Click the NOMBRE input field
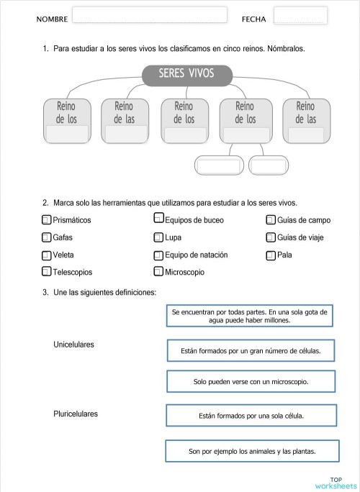[x=149, y=16]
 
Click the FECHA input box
[x=300, y=16]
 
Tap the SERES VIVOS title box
[x=186, y=74]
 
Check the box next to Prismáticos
[x=47, y=219]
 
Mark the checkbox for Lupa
[x=158, y=237]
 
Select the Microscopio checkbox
[x=158, y=272]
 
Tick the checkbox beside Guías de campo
[x=271, y=219]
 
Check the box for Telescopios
[x=47, y=272]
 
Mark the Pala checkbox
[x=271, y=255]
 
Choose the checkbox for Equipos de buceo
[x=158, y=219]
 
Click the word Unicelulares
[x=73, y=345]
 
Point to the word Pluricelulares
[x=76, y=414]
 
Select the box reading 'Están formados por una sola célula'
[x=251, y=416]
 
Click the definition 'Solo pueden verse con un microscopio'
[x=251, y=381]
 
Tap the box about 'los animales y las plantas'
[x=252, y=451]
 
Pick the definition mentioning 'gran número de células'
[x=251, y=350]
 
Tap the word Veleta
[x=63, y=255]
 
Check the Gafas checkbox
[x=47, y=237]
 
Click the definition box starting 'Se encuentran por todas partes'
[x=249, y=316]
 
